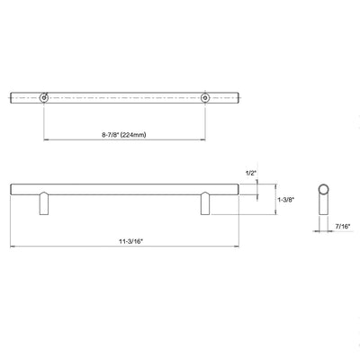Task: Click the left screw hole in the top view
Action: [x=42, y=95]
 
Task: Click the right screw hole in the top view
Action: [x=205, y=95]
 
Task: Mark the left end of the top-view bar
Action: [x=12, y=95]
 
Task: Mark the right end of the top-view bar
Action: [x=241, y=95]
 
